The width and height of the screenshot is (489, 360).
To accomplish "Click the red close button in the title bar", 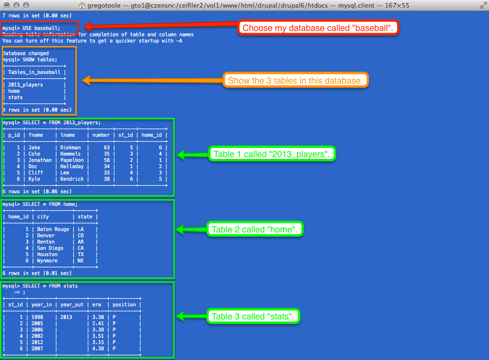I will [6, 5].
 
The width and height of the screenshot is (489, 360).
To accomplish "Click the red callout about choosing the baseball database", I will [318, 28].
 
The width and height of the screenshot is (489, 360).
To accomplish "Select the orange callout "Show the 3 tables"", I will [295, 80].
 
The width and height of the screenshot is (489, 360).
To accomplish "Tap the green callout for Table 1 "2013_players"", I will [272, 155].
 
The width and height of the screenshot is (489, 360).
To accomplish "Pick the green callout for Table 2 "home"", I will [255, 229].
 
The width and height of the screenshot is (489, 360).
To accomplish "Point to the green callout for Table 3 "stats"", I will [256, 317].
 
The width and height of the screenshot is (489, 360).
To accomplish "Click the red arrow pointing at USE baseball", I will [159, 26].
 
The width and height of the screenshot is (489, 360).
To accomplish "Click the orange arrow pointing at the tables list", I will [152, 80].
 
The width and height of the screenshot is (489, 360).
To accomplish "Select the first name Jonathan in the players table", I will [40, 160].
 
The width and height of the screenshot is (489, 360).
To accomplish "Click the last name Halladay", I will [72, 166].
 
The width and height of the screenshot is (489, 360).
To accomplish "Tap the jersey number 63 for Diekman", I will [107, 147].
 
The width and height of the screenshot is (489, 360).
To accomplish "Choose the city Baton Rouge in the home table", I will [53, 229].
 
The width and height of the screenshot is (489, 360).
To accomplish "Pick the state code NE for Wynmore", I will [81, 260].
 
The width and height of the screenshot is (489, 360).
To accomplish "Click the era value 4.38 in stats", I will [98, 348].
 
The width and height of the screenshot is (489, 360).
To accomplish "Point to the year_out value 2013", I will [66, 317].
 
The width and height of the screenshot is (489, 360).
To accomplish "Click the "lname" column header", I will [68, 135].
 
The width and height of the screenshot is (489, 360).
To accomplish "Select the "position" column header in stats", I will [125, 305].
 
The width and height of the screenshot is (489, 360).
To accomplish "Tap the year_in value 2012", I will [37, 342].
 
